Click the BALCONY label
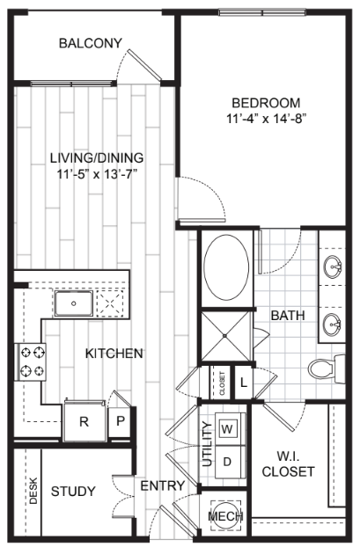(x=91, y=43)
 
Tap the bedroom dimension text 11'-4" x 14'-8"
(x=267, y=119)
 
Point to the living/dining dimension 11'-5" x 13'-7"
(x=97, y=173)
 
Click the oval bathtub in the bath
(x=226, y=267)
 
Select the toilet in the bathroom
(x=327, y=368)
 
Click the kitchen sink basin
(x=74, y=303)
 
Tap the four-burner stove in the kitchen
(x=31, y=361)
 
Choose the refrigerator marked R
(x=84, y=421)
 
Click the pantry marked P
(x=120, y=421)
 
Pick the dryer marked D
(x=227, y=462)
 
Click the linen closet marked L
(x=244, y=383)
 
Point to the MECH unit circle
(x=226, y=515)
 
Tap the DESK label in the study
(x=33, y=491)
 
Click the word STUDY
(x=73, y=492)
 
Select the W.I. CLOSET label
(x=288, y=463)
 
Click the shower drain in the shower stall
(x=225, y=336)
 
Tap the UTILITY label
(x=207, y=444)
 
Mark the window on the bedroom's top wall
(x=262, y=12)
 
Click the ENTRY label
(x=162, y=485)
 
